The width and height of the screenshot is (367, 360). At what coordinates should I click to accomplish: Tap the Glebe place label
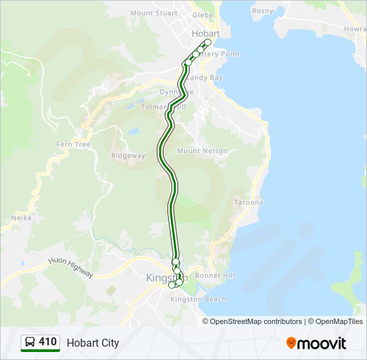click(202, 15)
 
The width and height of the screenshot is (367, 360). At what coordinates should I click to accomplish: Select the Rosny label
click(262, 11)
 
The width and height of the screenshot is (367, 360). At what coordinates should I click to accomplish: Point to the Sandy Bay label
click(208, 78)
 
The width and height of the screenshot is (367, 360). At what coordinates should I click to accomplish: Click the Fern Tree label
click(73, 144)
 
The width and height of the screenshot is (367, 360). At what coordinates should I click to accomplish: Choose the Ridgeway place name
click(128, 155)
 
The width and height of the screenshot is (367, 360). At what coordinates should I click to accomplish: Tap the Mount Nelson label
click(202, 151)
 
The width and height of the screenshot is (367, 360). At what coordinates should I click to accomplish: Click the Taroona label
click(249, 202)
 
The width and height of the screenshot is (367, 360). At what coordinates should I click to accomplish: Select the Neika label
click(21, 217)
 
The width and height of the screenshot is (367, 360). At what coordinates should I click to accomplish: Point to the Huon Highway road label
click(71, 268)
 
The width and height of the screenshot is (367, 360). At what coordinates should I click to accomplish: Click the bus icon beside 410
click(29, 343)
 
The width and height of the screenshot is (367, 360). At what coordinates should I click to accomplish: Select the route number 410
click(47, 342)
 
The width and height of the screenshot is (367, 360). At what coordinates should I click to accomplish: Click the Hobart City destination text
click(93, 343)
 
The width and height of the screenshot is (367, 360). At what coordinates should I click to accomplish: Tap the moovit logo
click(316, 343)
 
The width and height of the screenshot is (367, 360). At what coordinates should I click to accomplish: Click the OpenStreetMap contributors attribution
click(256, 321)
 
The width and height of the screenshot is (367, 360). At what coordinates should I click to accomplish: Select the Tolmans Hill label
click(163, 107)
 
